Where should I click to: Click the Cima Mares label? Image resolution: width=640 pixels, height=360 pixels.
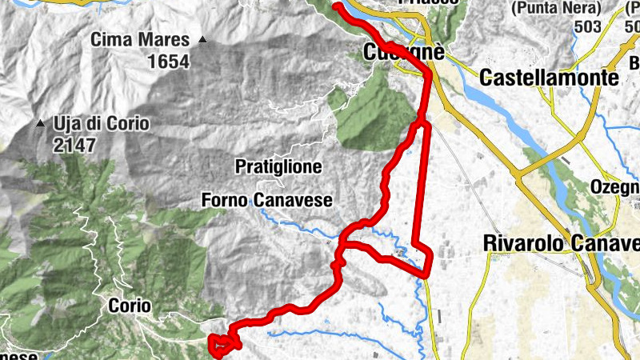140,39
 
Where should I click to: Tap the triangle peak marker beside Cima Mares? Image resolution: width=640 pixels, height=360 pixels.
202,40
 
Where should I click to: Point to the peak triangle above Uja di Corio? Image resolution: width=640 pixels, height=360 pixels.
40,124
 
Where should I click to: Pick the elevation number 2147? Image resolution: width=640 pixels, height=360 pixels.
74,146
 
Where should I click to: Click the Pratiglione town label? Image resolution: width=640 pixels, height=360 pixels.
278,167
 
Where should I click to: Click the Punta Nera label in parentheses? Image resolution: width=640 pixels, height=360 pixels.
557,10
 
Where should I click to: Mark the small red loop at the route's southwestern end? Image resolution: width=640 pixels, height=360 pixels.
224,344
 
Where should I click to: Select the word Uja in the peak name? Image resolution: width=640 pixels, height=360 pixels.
68,125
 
